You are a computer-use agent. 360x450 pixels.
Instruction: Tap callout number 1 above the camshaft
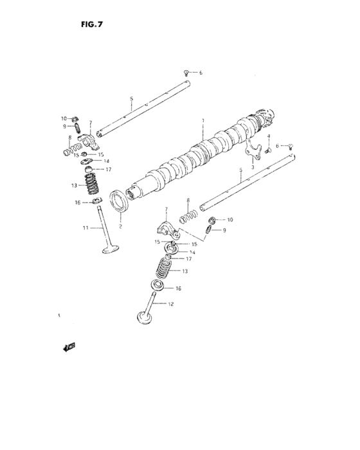[203, 120]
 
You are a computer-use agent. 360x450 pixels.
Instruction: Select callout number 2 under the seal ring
[120, 226]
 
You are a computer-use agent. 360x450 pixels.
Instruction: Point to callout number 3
[253, 166]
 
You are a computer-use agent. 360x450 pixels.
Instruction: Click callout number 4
[269, 136]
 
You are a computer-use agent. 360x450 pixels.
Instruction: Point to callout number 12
[171, 303]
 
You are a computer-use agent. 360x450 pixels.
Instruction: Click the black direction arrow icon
[68, 347]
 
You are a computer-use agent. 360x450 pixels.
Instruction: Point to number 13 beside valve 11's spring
[75, 185]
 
